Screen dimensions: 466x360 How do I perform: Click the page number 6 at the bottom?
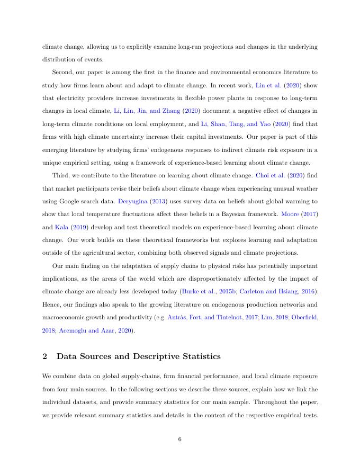180,438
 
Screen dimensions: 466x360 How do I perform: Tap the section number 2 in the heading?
44,356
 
